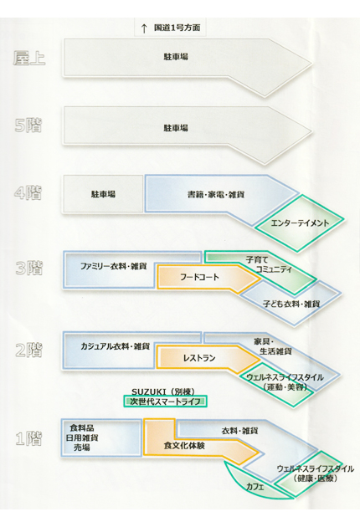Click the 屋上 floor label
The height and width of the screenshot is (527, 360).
click(29, 59)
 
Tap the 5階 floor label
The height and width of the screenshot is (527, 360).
click(28, 125)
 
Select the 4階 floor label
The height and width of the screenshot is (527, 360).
click(28, 192)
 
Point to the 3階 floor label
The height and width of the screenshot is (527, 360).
click(29, 268)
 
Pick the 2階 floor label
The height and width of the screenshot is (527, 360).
click(29, 350)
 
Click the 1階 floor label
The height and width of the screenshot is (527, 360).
click(29, 438)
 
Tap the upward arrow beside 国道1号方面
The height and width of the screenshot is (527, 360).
click(144, 28)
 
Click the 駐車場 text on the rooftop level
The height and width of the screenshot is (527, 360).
click(176, 57)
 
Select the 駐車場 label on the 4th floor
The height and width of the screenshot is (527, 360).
click(103, 194)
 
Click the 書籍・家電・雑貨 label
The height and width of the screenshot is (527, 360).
click(216, 194)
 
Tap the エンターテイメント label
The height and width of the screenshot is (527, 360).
click(300, 223)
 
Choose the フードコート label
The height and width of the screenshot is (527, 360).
click(199, 277)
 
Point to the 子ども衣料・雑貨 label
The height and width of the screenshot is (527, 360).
click(291, 304)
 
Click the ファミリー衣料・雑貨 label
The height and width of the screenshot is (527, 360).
click(113, 266)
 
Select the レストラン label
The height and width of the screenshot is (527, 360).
click(199, 358)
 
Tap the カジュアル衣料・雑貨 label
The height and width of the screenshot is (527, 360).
click(115, 346)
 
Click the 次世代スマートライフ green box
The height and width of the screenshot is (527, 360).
click(165, 402)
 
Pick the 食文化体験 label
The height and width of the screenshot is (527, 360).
click(184, 446)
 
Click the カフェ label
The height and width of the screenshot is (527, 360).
click(255, 487)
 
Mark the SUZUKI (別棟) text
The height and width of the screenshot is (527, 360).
click(163, 391)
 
